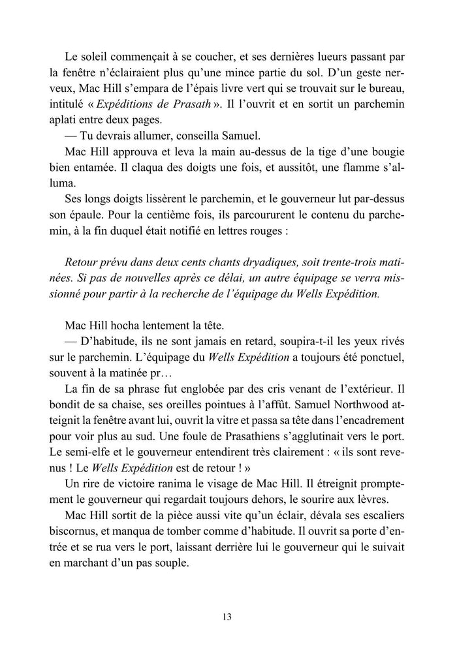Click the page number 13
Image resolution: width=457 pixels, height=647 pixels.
pyautogui.click(x=227, y=616)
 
